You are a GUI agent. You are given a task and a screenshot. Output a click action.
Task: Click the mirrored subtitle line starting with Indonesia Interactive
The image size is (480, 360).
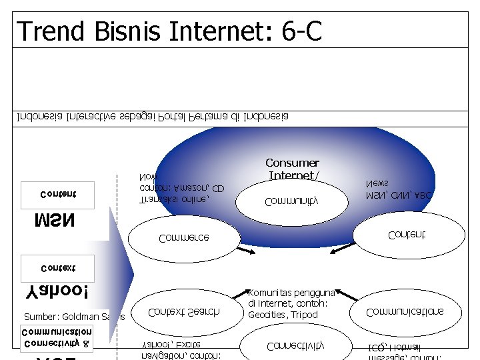(x=153, y=118)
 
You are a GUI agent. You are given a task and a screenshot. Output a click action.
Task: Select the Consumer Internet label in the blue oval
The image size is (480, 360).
(x=293, y=169)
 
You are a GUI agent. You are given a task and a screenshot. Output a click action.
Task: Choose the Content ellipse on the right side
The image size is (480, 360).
(x=406, y=234)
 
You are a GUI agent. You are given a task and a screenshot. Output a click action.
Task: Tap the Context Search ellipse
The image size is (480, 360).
(x=184, y=311)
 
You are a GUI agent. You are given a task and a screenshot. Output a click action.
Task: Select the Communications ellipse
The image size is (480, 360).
(x=405, y=311)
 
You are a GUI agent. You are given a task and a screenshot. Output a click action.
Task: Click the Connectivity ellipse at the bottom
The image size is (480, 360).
(x=295, y=345)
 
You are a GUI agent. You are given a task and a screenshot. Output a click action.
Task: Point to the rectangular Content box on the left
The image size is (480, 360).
(x=58, y=194)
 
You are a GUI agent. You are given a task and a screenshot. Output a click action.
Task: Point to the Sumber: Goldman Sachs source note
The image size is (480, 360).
(x=74, y=317)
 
